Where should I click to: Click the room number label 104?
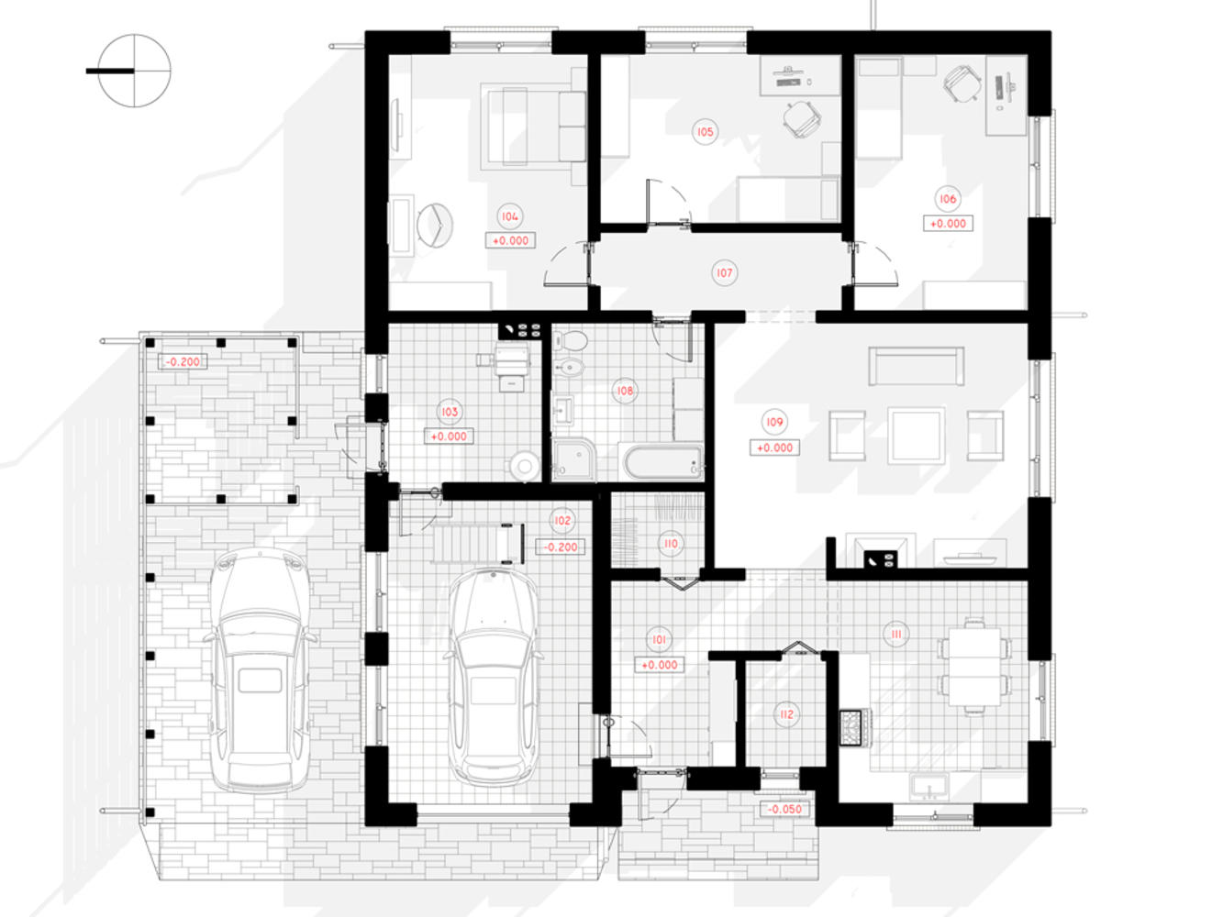(x=509, y=216)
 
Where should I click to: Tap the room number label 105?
(x=705, y=132)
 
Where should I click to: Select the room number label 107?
(x=724, y=273)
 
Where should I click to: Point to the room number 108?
(x=625, y=391)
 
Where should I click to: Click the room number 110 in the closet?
(x=671, y=544)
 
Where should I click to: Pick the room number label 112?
(x=786, y=714)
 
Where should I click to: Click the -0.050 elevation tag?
(x=784, y=809)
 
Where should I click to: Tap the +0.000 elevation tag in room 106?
(x=948, y=223)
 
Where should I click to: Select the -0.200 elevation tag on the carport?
(x=183, y=361)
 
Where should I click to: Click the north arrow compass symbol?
(x=134, y=71)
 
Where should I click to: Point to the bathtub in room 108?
(x=662, y=461)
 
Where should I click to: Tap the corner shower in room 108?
(x=574, y=459)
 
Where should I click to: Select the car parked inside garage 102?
(x=493, y=677)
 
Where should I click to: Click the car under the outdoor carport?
(x=260, y=669)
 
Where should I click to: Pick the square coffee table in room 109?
(x=916, y=436)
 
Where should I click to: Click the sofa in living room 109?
(x=916, y=366)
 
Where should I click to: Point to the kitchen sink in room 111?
(x=928, y=785)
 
